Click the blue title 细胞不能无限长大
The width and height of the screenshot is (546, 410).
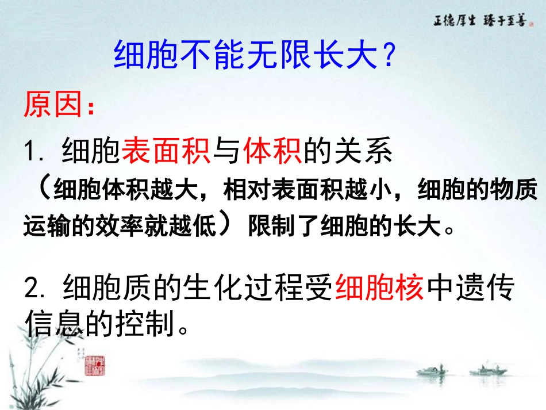tap(244, 56)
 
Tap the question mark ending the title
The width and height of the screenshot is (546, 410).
tap(389, 56)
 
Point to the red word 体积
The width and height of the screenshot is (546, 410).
tap(272, 152)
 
